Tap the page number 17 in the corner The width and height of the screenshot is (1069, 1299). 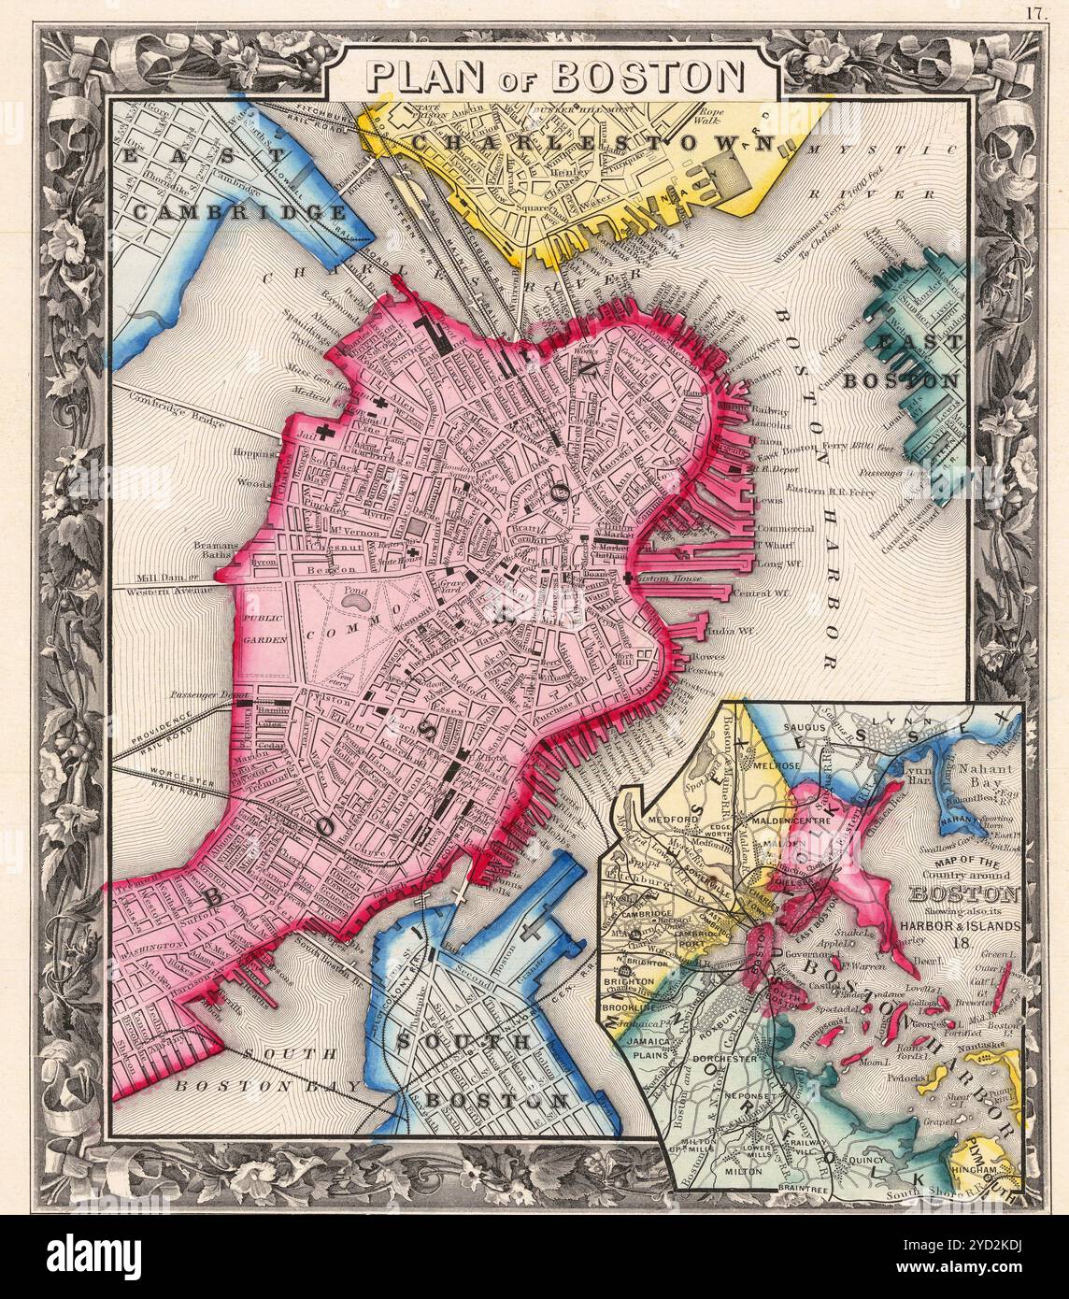coord(1034,12)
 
